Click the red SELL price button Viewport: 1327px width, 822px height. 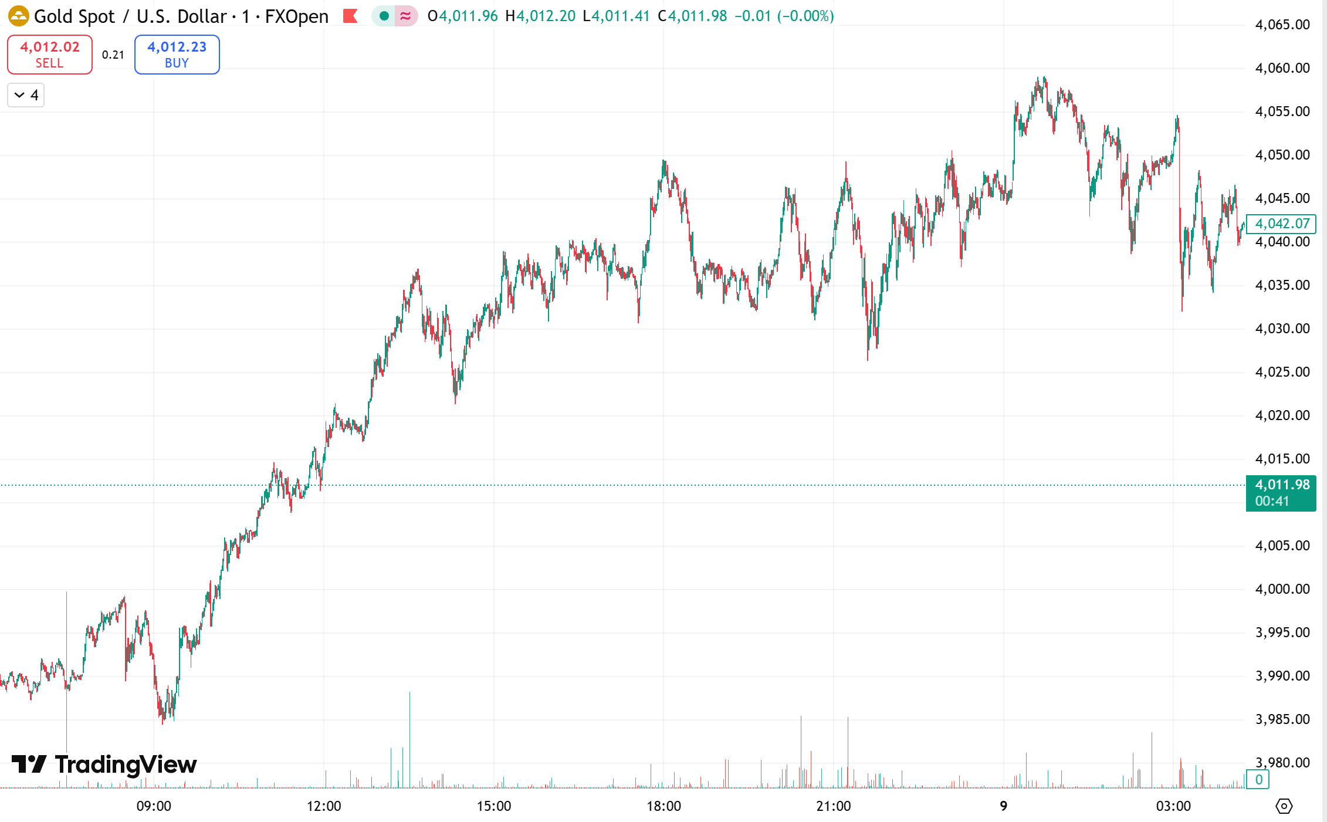[x=50, y=55]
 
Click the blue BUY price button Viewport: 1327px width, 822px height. [x=177, y=55]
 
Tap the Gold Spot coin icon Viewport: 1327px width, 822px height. [x=18, y=16]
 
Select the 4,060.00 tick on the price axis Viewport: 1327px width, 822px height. [x=1282, y=68]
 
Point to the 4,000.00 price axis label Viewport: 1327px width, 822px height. [x=1282, y=589]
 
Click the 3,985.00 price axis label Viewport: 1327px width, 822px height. [x=1282, y=719]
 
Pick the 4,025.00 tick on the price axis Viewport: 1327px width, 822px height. [x=1282, y=372]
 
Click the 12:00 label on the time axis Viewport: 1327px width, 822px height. [x=324, y=806]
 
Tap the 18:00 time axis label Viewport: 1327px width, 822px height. [x=663, y=806]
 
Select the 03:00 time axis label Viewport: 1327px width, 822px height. [x=1173, y=806]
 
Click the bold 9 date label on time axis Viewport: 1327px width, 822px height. [x=1004, y=806]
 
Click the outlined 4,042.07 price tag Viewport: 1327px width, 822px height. [x=1282, y=224]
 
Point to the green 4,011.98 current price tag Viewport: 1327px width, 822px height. [x=1281, y=492]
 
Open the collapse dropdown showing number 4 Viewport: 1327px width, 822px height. [x=26, y=95]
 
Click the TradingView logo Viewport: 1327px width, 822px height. [x=104, y=765]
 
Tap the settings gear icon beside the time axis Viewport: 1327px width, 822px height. [x=1284, y=806]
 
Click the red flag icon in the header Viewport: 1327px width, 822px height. [x=350, y=16]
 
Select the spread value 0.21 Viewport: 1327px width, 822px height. [x=113, y=55]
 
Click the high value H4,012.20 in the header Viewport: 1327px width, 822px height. [x=540, y=16]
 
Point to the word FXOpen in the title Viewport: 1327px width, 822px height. [x=297, y=16]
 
